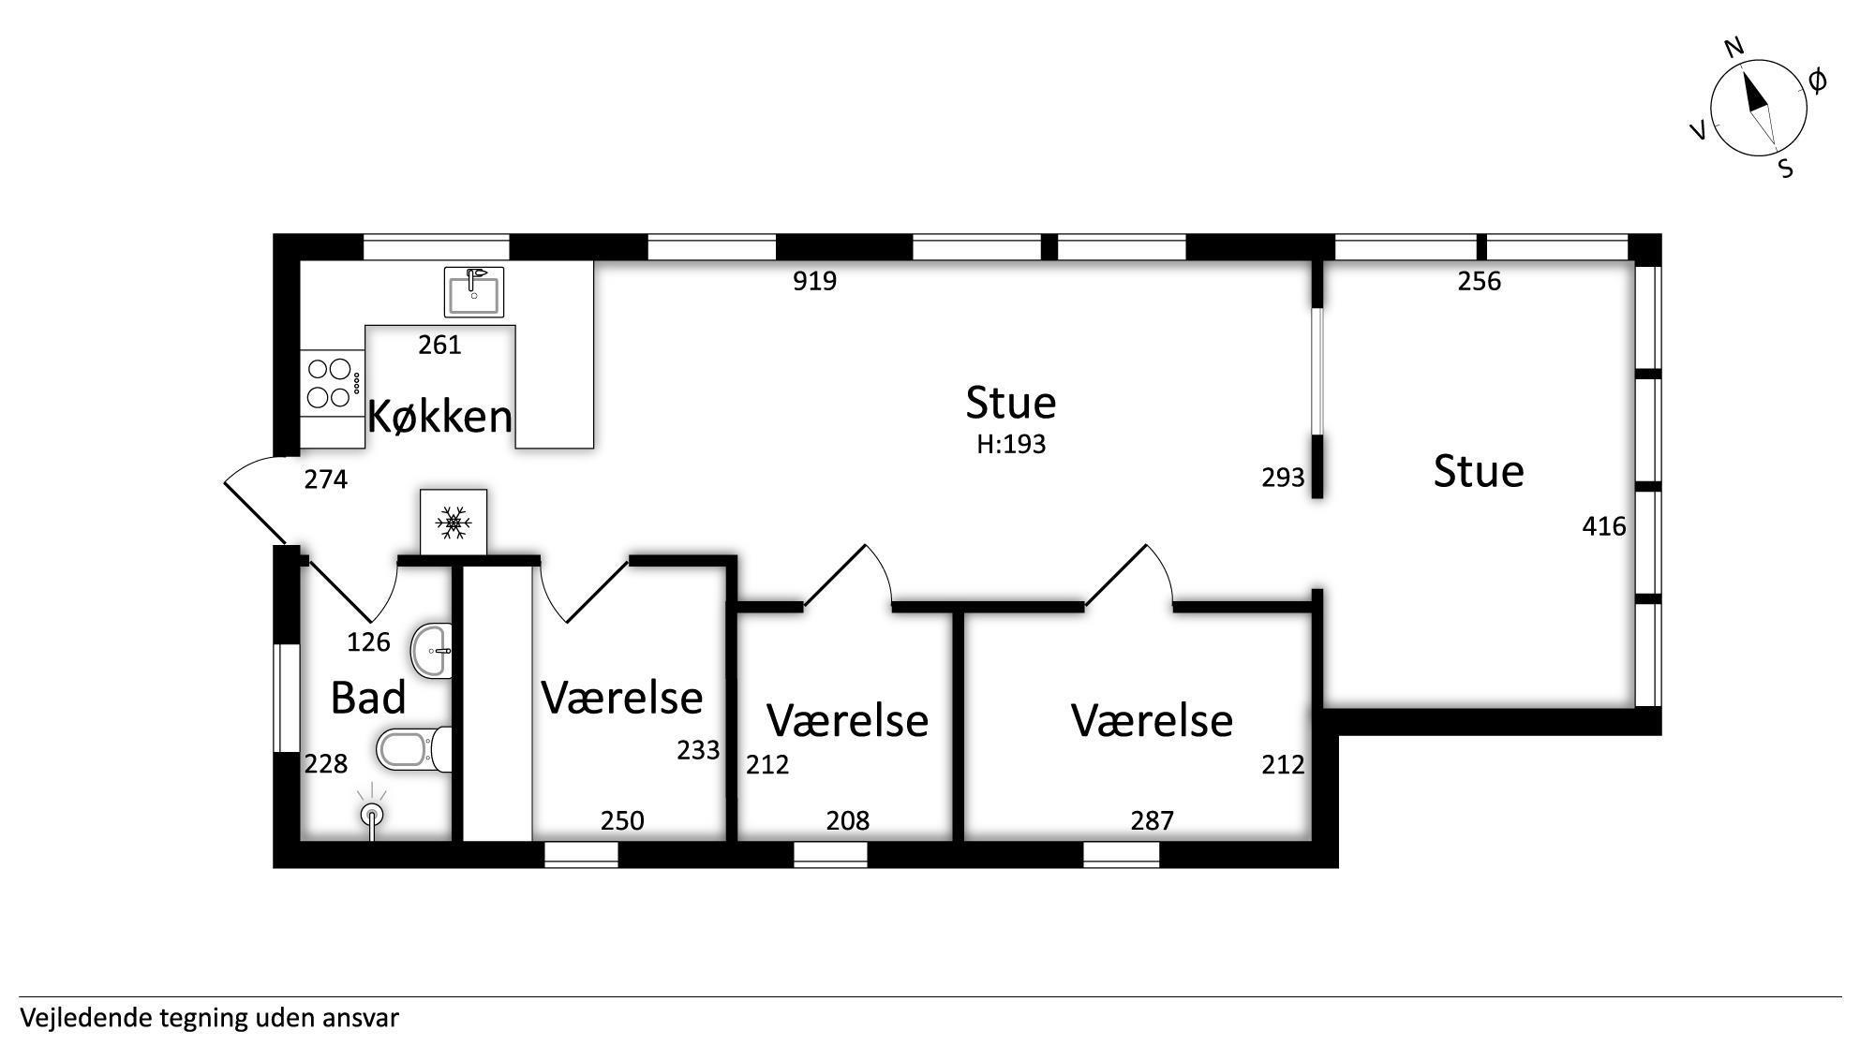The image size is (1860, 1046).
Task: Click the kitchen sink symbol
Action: point(473,292)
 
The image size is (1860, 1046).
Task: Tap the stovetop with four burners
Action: point(332,384)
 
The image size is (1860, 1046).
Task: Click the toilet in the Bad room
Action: point(414,749)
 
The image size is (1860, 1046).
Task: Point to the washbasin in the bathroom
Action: point(432,650)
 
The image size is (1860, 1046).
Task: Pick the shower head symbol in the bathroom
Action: point(372,812)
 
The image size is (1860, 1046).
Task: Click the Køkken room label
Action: point(439,416)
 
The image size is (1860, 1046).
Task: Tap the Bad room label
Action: point(368,699)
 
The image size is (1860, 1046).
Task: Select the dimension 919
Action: point(814,281)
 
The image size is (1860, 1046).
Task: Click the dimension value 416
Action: point(1604,526)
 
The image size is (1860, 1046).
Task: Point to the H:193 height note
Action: point(1011,444)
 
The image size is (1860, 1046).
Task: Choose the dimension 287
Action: point(1152,820)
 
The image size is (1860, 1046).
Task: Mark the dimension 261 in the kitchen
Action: point(439,345)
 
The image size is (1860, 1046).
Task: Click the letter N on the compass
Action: point(1734,49)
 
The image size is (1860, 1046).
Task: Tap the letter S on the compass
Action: point(1786,169)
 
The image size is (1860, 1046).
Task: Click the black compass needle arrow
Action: point(1754,94)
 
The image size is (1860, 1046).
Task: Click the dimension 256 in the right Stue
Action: point(1480,281)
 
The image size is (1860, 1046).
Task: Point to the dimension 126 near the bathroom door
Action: point(368,641)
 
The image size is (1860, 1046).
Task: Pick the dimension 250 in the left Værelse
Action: point(622,820)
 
